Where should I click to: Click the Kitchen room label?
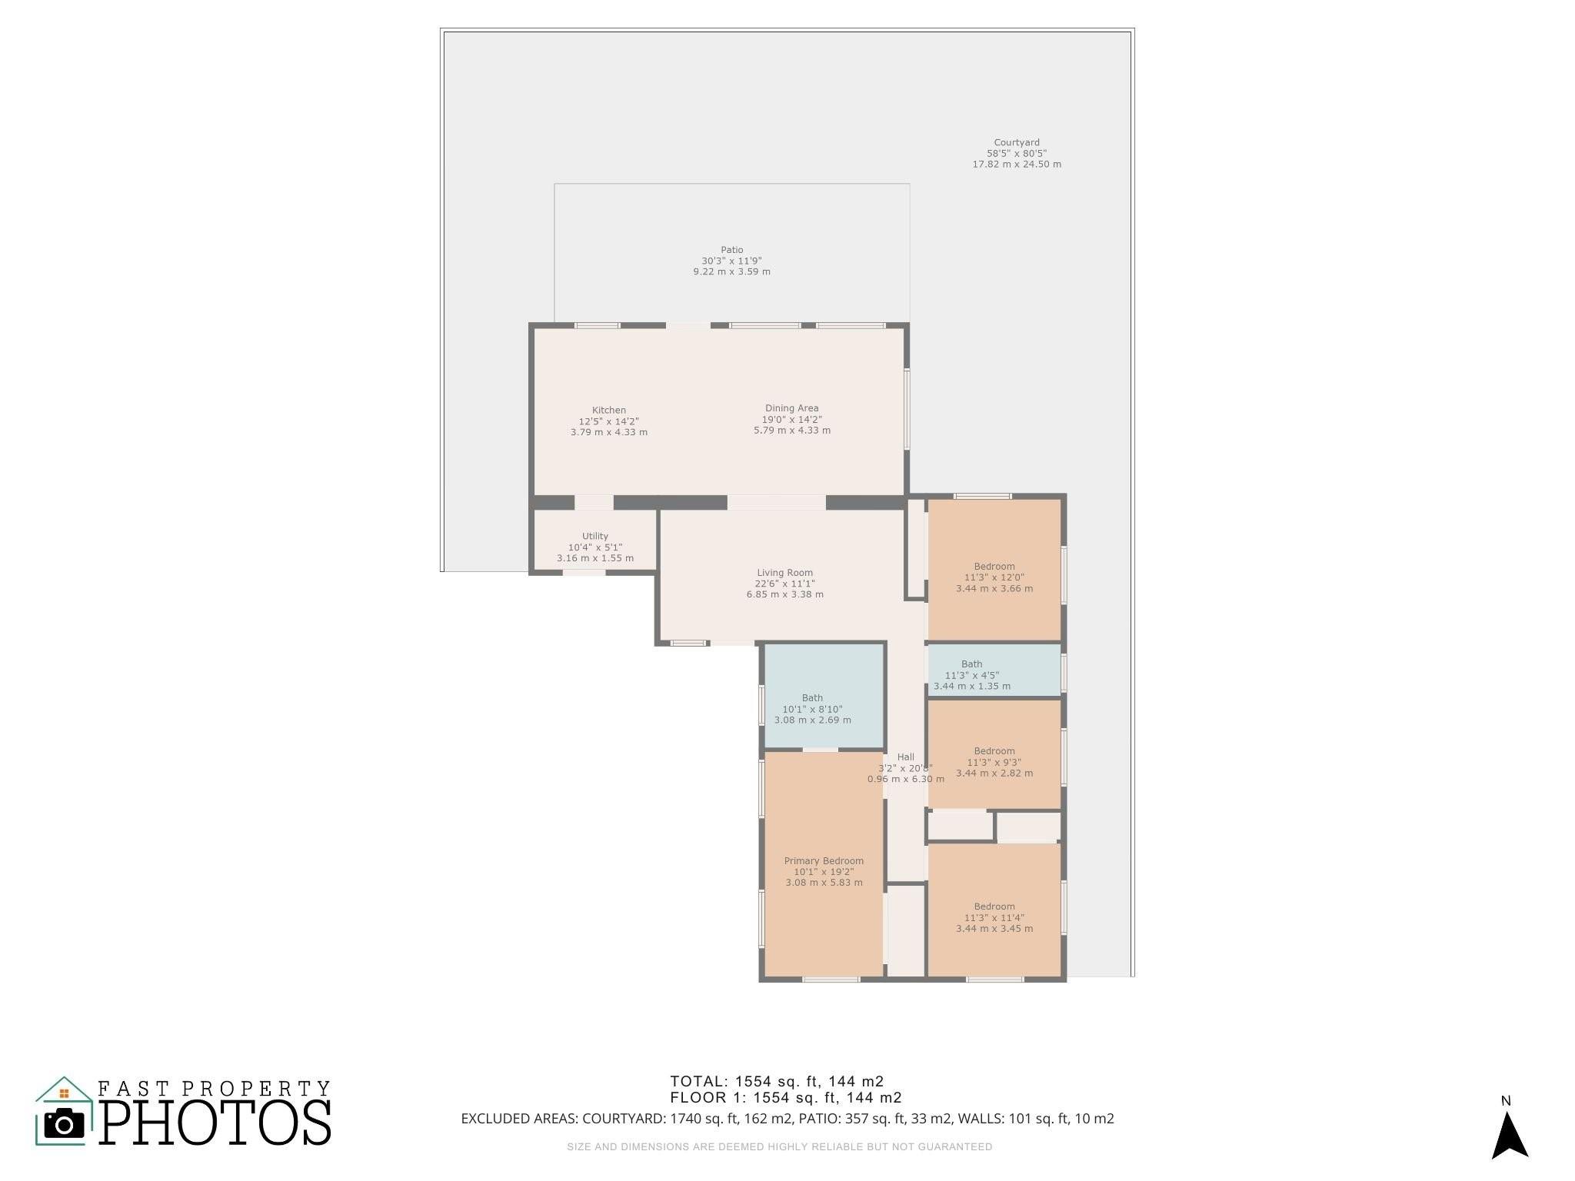pyautogui.click(x=609, y=411)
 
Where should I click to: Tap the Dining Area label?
pyautogui.click(x=791, y=408)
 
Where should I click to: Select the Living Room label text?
pyautogui.click(x=784, y=573)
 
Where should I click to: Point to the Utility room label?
pyautogui.click(x=595, y=536)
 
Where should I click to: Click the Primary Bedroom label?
pyautogui.click(x=824, y=861)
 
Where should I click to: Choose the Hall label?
pyautogui.click(x=906, y=757)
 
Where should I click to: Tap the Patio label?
pyautogui.click(x=732, y=250)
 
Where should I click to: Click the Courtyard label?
pyautogui.click(x=1017, y=142)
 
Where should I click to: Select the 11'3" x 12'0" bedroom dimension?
pyautogui.click(x=994, y=577)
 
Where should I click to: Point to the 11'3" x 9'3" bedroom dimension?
pyautogui.click(x=994, y=763)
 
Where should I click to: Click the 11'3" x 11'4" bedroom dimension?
pyautogui.click(x=994, y=917)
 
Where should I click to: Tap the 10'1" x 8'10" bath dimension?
pyautogui.click(x=812, y=709)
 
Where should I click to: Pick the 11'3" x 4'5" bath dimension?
pyautogui.click(x=972, y=675)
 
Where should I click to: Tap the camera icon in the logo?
pyautogui.click(x=64, y=1125)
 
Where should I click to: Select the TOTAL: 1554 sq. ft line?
pyautogui.click(x=777, y=1082)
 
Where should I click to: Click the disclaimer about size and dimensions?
pyautogui.click(x=780, y=1147)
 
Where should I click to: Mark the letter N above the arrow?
pyautogui.click(x=1506, y=1101)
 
